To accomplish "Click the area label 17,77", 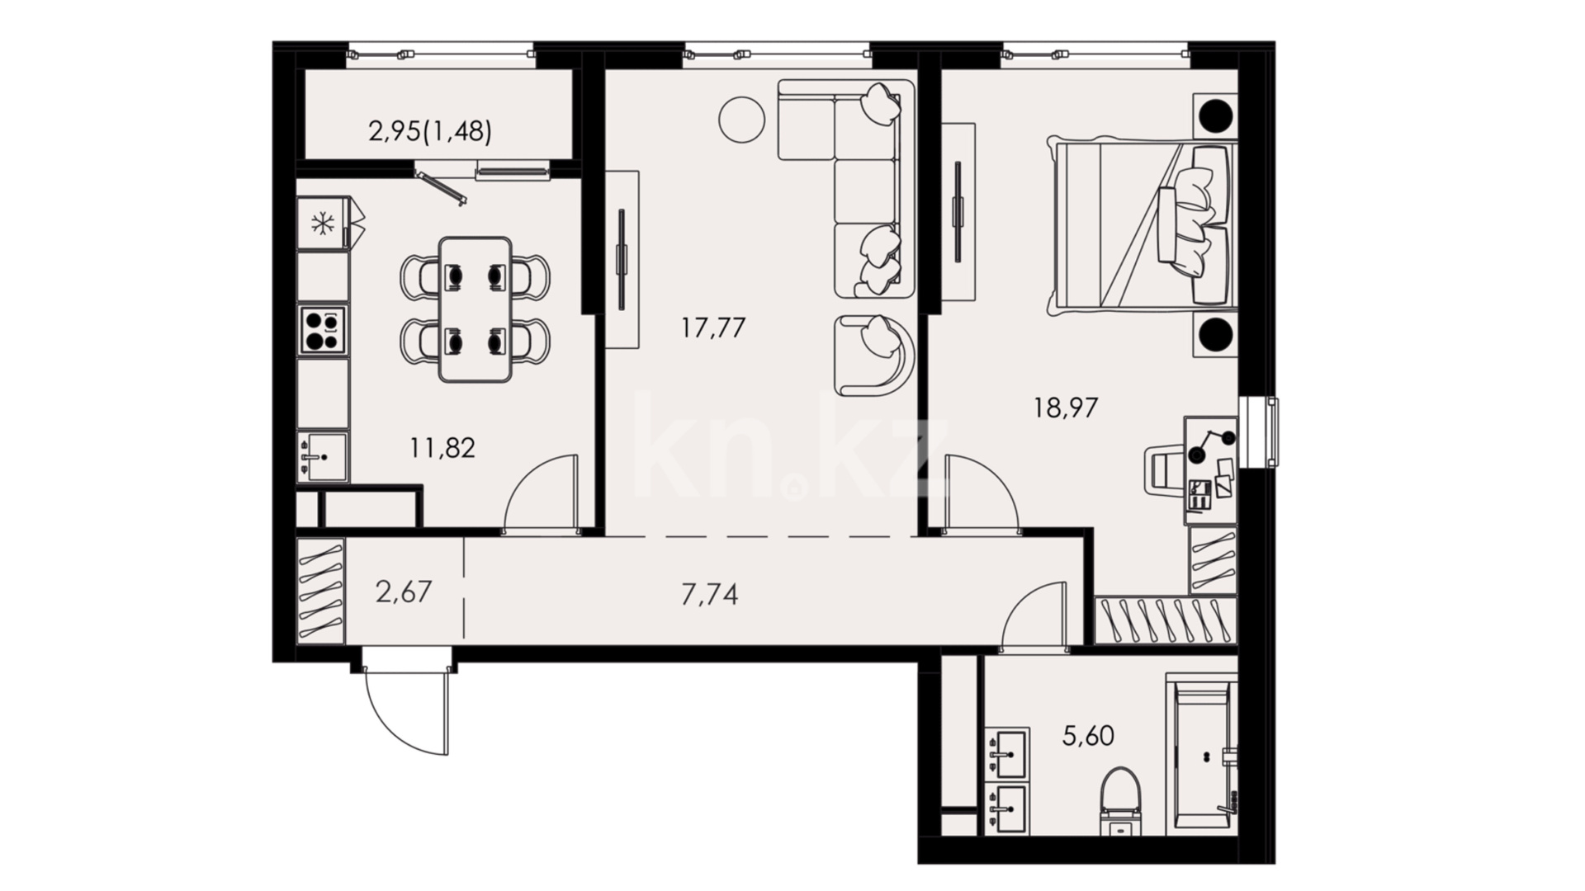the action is pos(713,328).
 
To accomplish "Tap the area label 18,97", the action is pos(1066,408).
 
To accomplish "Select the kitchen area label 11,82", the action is pos(442,448).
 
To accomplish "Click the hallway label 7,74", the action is pos(709,594).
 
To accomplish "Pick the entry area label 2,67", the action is pos(404,592).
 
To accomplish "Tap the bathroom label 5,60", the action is pos(1088,734).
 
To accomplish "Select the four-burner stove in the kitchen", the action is pos(323,330).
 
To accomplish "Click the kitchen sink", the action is pos(323,457).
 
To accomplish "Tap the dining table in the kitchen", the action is pos(475,309).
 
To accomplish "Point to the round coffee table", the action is pos(741,120).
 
